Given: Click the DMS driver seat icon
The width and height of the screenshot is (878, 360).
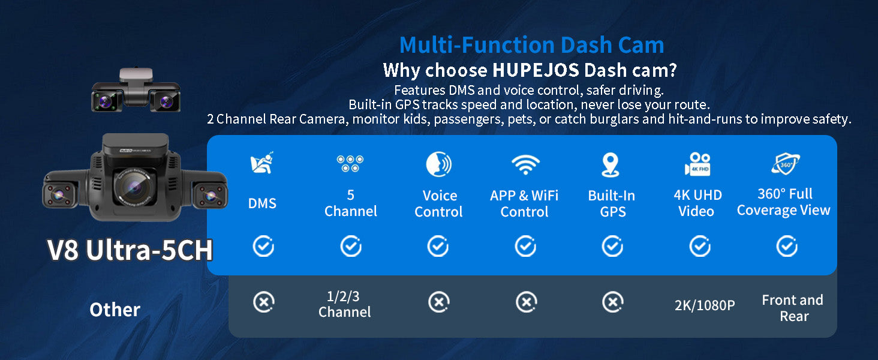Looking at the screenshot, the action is click(262, 163).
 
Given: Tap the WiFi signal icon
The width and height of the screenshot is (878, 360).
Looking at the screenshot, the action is click(525, 164).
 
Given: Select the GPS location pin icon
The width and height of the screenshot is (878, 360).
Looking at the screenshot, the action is click(611, 165).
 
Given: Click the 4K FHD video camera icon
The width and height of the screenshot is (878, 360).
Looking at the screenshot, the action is click(697, 164).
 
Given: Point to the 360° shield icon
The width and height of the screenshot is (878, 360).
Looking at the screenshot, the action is click(786, 164).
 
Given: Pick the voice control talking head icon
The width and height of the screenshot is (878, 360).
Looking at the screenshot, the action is click(438, 164).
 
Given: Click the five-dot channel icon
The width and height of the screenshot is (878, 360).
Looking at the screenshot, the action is click(350, 164).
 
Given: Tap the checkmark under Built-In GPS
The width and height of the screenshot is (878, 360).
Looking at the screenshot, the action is click(613, 246).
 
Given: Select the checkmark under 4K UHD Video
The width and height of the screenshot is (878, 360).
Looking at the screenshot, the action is click(700, 246).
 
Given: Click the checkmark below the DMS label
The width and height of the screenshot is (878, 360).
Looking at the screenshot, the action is click(263, 246).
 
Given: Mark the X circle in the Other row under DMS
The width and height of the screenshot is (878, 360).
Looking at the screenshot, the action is click(264, 302).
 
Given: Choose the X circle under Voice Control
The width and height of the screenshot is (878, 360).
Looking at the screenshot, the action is click(439, 302).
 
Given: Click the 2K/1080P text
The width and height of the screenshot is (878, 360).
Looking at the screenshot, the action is click(704, 305).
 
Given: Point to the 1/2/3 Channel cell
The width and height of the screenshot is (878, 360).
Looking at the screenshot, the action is click(344, 304).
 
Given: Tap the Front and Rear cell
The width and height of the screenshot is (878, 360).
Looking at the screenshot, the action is click(793, 308).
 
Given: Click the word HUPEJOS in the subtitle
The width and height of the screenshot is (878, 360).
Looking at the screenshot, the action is click(536, 71).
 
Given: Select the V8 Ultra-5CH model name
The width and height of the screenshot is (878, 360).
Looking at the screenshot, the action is click(130, 250).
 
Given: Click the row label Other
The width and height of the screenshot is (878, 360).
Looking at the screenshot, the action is click(115, 310).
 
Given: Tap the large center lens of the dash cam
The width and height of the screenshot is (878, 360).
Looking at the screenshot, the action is click(134, 187).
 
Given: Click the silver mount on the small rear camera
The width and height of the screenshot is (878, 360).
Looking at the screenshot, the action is click(136, 75).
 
